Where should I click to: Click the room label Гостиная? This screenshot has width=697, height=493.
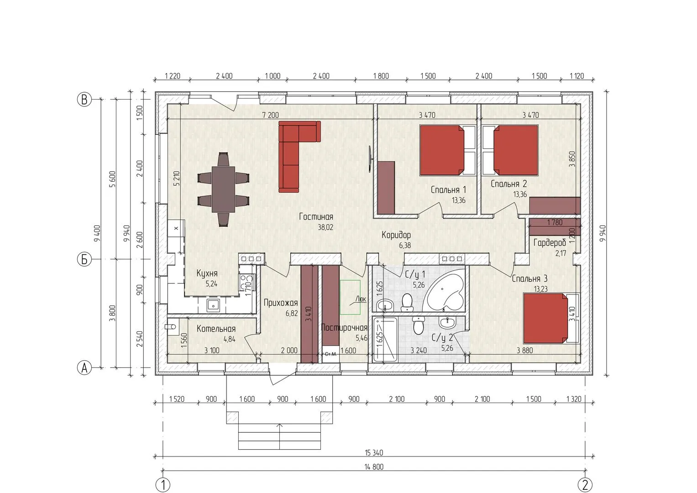tap(316, 217)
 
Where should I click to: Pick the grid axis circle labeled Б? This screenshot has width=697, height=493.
tap(84, 260)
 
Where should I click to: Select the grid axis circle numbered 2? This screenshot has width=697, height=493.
tap(585, 485)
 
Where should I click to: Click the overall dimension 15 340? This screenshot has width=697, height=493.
tap(374, 453)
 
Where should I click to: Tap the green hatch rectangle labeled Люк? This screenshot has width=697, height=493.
tap(350, 297)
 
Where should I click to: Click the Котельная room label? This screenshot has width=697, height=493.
tap(216, 329)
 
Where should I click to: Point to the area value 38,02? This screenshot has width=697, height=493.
tap(325, 227)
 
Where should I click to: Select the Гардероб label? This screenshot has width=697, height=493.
tap(550, 242)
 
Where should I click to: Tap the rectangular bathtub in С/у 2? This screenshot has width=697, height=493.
tap(385, 339)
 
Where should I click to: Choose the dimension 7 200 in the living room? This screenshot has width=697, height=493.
tap(270, 115)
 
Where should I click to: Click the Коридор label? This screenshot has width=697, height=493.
tap(396, 235)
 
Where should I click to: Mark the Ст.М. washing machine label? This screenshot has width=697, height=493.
tap(330, 354)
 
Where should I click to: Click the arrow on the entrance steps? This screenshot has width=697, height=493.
tap(280, 436)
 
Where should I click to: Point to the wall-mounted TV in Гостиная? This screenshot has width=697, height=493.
tap(370, 159)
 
